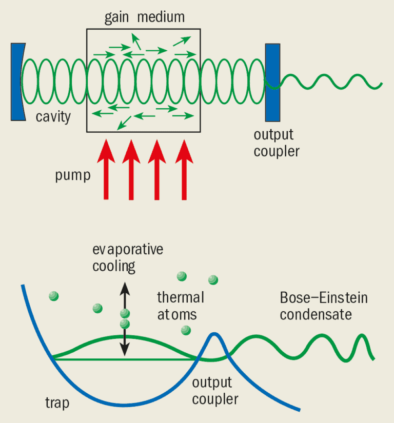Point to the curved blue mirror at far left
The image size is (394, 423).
[17, 82]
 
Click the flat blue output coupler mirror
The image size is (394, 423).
[272, 82]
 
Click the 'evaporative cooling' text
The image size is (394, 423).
[127, 258]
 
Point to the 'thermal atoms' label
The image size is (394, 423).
[180, 305]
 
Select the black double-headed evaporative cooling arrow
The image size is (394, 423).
[124, 317]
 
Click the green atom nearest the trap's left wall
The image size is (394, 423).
[53, 295]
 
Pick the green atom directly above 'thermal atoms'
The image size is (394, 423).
[181, 276]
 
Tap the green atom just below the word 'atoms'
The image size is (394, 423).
[186, 330]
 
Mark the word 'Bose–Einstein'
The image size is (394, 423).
[324, 298]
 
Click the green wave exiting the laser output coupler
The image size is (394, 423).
[328, 81]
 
